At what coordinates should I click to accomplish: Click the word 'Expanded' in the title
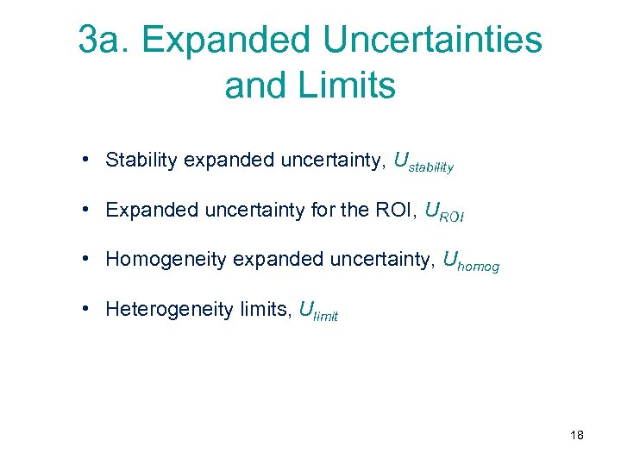point(222,40)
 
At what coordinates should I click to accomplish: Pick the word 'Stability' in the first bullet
point(141,160)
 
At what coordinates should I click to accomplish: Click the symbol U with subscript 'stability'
point(423,162)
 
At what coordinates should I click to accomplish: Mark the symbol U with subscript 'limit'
point(317,311)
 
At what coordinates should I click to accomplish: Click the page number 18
point(577,435)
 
